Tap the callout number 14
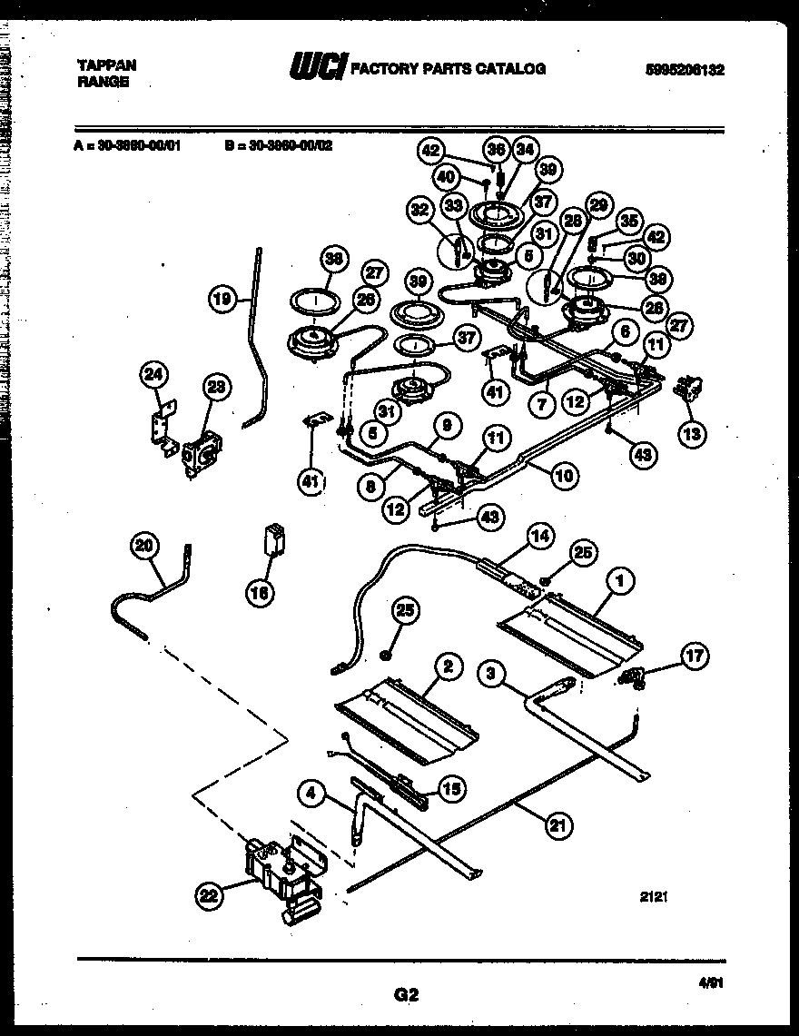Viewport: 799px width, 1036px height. [539, 538]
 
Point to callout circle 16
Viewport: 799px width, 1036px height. [261, 593]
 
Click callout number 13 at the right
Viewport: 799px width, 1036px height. [694, 434]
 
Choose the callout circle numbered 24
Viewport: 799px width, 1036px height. [155, 372]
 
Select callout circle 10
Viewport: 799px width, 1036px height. [564, 473]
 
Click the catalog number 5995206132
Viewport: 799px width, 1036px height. [686, 69]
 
